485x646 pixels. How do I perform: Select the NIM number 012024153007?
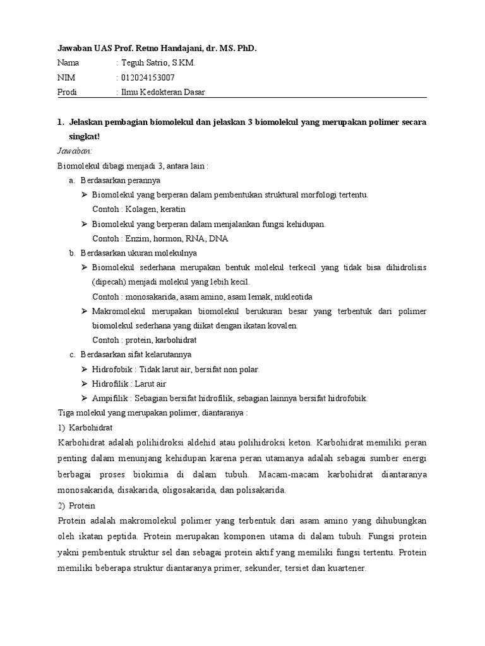coord(148,78)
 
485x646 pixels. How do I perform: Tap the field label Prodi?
coord(68,92)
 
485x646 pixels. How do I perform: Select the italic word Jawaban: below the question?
coord(75,151)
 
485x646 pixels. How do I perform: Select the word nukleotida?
coord(290,297)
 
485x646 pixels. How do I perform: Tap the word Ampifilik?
coord(110,398)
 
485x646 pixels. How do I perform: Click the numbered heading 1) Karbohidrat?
coord(85,427)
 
